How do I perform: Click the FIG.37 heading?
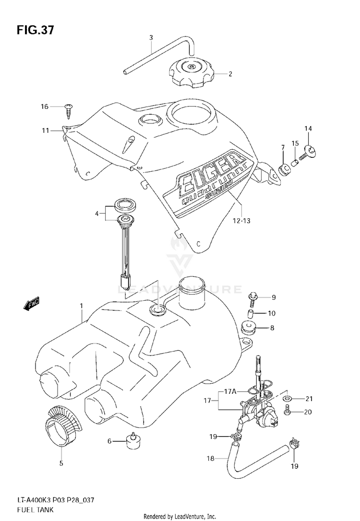[x=35, y=30]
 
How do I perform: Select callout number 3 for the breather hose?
[x=151, y=37]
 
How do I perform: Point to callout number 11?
[x=45, y=130]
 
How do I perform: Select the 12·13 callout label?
[x=241, y=220]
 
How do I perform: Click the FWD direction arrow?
[x=32, y=303]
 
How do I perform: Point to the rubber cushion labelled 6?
[x=132, y=440]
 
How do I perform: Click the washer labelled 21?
[x=287, y=399]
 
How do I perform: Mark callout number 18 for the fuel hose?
[x=210, y=459]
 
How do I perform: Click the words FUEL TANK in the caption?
[x=35, y=509]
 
